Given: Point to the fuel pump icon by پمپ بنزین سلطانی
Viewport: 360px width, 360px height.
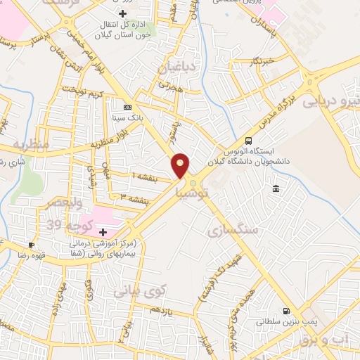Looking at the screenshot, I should tap(286, 311).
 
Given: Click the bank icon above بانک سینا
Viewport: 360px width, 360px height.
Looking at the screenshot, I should tap(127, 107).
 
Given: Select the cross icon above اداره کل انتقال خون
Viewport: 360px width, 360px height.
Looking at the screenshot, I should tap(123, 13).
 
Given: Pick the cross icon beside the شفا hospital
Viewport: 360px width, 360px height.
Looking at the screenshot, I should tap(103, 231).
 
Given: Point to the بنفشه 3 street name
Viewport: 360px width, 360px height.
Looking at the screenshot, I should tap(133, 199).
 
